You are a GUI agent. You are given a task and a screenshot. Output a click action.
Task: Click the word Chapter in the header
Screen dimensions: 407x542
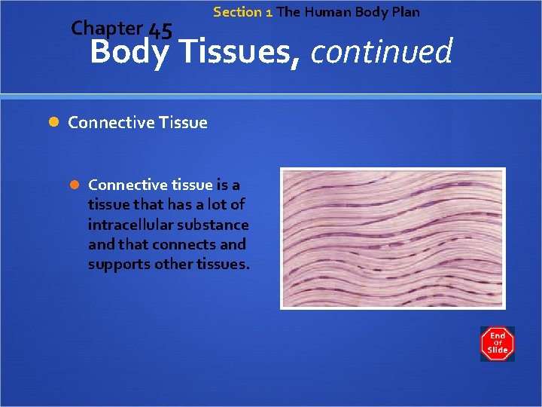pyautogui.click(x=106, y=29)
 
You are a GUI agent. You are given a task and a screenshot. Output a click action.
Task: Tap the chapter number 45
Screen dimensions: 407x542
pyautogui.click(x=160, y=31)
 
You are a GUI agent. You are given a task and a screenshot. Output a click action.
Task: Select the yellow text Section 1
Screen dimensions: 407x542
pyautogui.click(x=242, y=12)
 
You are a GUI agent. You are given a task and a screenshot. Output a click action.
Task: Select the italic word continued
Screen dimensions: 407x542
pyautogui.click(x=381, y=53)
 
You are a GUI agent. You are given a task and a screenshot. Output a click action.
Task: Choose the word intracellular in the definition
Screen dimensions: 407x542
pyautogui.click(x=126, y=225)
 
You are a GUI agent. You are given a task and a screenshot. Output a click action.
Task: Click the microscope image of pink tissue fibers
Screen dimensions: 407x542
pyautogui.click(x=392, y=238)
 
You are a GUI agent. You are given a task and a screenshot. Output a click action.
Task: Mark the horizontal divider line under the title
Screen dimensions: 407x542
pyautogui.click(x=271, y=96)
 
